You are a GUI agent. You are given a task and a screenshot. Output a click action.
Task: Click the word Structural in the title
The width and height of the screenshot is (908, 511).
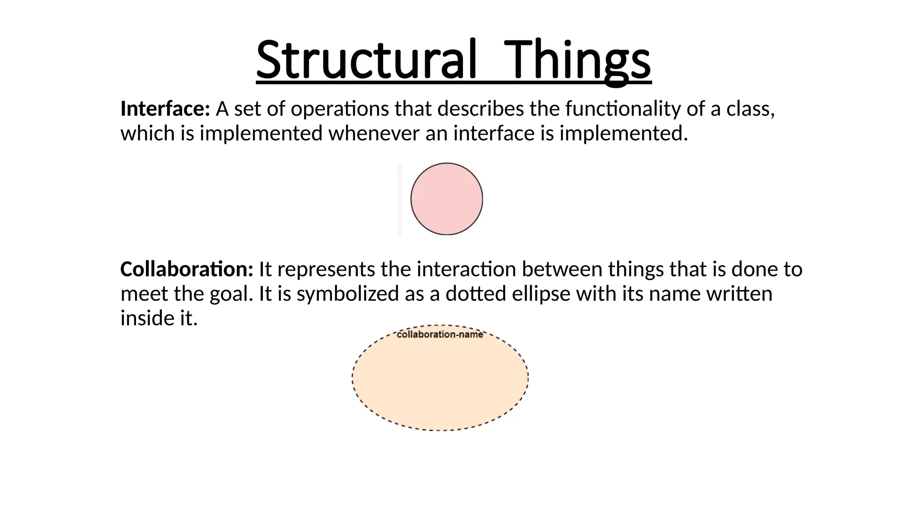tap(366, 59)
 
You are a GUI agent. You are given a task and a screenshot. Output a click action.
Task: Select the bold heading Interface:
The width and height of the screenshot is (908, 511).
tap(165, 109)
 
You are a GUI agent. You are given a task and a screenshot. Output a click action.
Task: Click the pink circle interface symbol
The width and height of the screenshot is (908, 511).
tap(446, 199)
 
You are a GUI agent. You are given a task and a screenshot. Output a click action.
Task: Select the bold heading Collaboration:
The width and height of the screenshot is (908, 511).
tap(187, 269)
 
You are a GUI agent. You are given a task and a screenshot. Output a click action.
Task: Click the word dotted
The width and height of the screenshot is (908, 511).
tap(476, 294)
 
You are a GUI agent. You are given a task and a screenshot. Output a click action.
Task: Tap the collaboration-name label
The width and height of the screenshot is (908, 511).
tap(440, 334)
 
